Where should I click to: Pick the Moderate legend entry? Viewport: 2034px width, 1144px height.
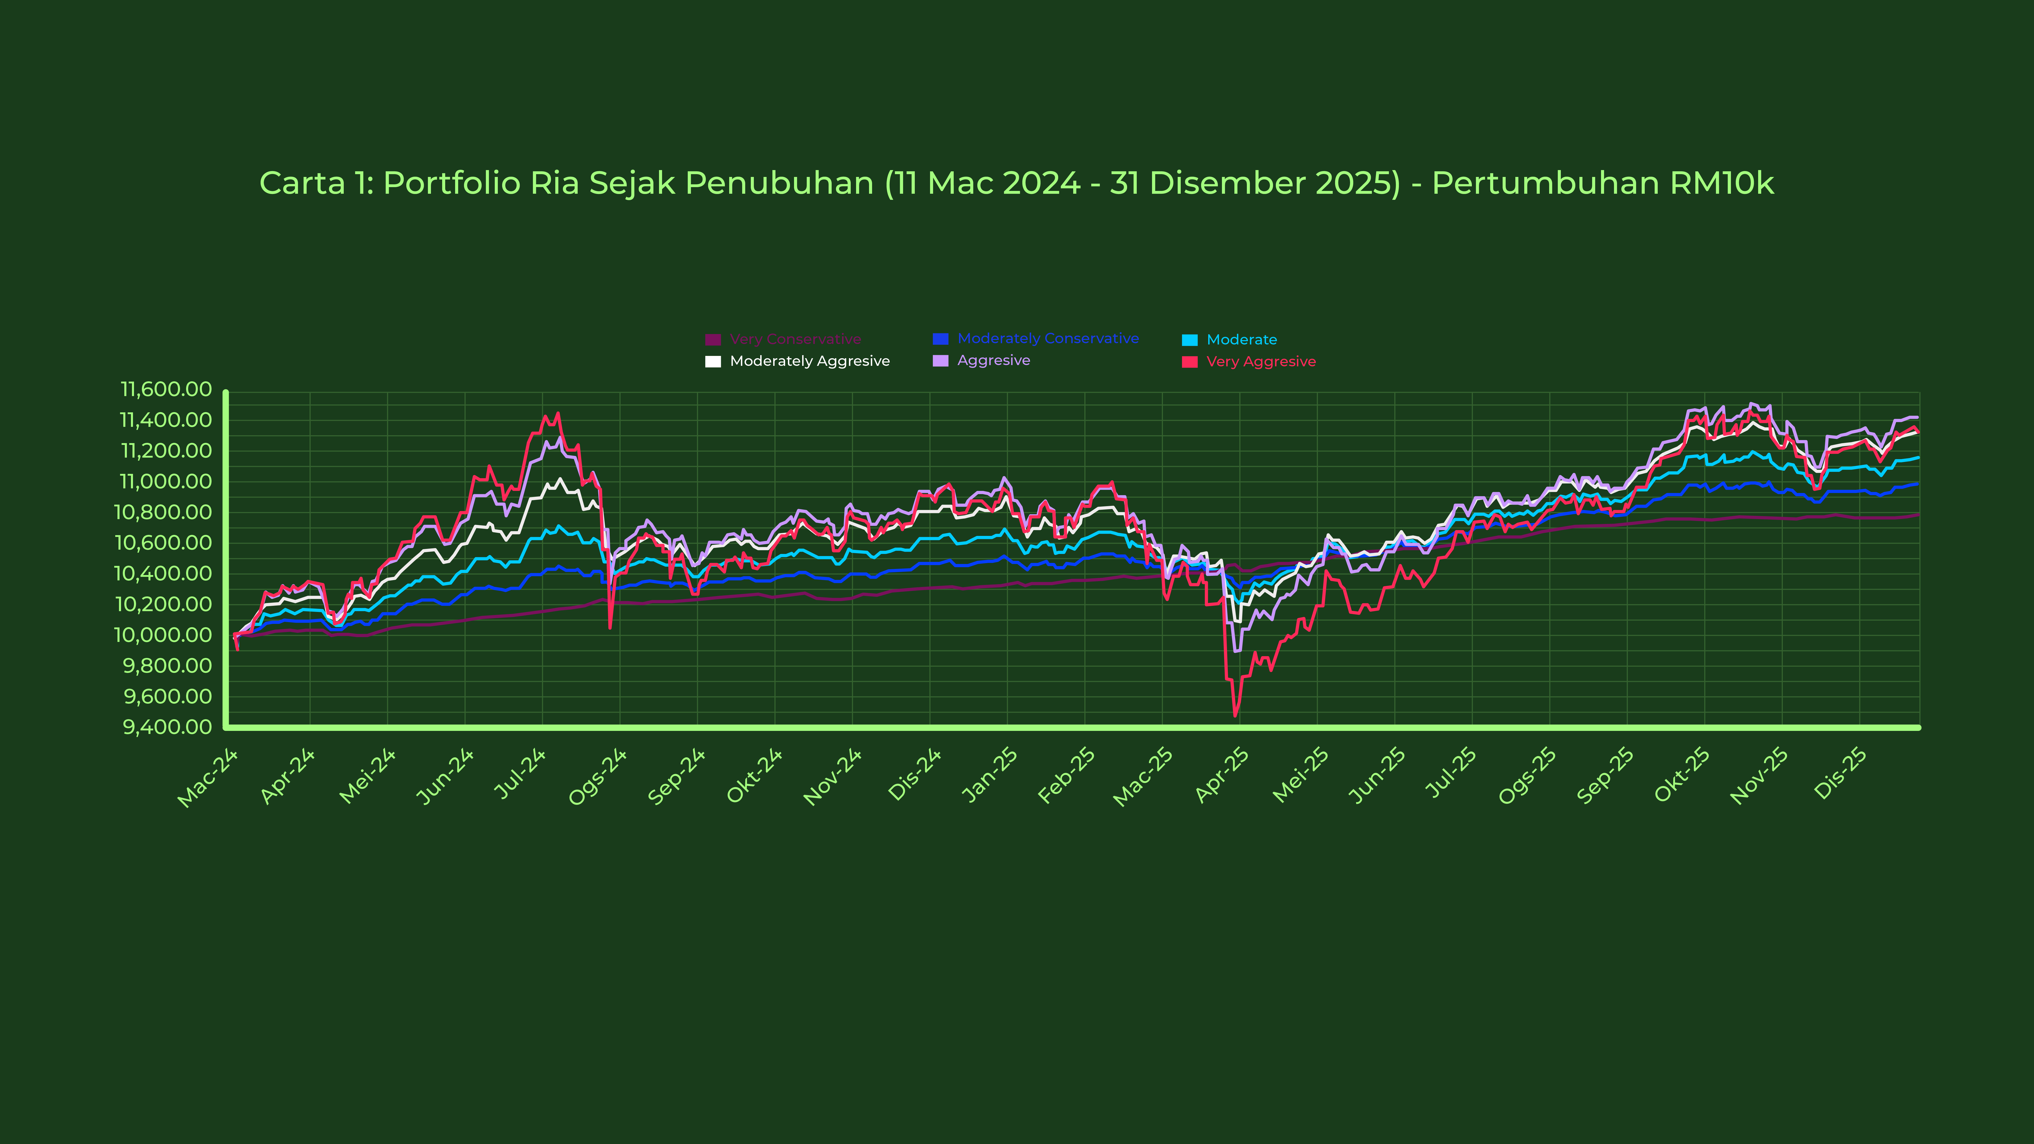coord(1241,339)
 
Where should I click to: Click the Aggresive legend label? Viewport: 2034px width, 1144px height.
coord(993,361)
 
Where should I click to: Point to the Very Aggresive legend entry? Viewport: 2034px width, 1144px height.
coord(1260,362)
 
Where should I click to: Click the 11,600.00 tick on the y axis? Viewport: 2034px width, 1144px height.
coord(166,389)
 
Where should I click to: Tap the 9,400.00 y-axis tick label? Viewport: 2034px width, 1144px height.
coord(167,726)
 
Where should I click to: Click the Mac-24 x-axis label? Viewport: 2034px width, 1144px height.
coord(207,778)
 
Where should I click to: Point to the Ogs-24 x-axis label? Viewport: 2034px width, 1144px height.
coord(597,778)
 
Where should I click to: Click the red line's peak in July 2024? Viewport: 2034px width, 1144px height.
coord(558,413)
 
